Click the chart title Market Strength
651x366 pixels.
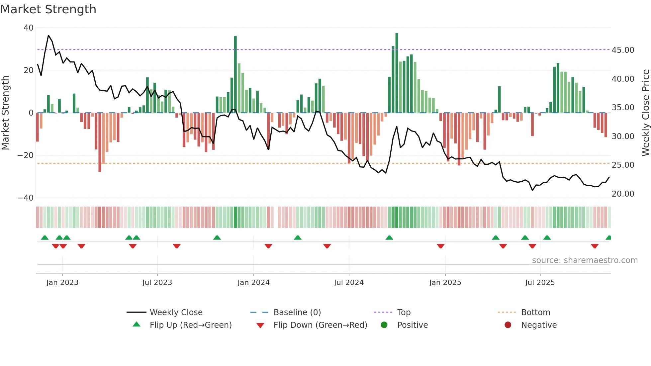coord(48,9)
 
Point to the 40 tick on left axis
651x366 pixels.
coord(29,28)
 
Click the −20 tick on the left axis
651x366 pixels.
coord(25,155)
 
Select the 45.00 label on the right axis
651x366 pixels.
coord(623,50)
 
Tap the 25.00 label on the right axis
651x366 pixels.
coord(623,165)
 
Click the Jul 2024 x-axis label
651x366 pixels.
coord(349,283)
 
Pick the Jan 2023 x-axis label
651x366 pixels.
coord(62,283)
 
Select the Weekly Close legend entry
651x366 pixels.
coord(176,313)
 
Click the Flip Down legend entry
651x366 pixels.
coord(320,325)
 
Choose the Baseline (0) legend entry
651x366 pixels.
coord(297,313)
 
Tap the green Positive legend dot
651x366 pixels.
coord(384,325)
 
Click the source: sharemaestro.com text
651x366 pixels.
coord(585,260)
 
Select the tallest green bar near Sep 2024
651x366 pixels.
coord(397,73)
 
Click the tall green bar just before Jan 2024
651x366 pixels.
coord(235,75)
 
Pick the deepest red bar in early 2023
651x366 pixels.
coord(100,143)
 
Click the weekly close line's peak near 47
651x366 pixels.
coord(48,35)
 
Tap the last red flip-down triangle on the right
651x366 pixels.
coord(595,246)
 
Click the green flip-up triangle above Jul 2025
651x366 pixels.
coord(547,237)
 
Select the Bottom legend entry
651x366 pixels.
coord(535,313)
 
